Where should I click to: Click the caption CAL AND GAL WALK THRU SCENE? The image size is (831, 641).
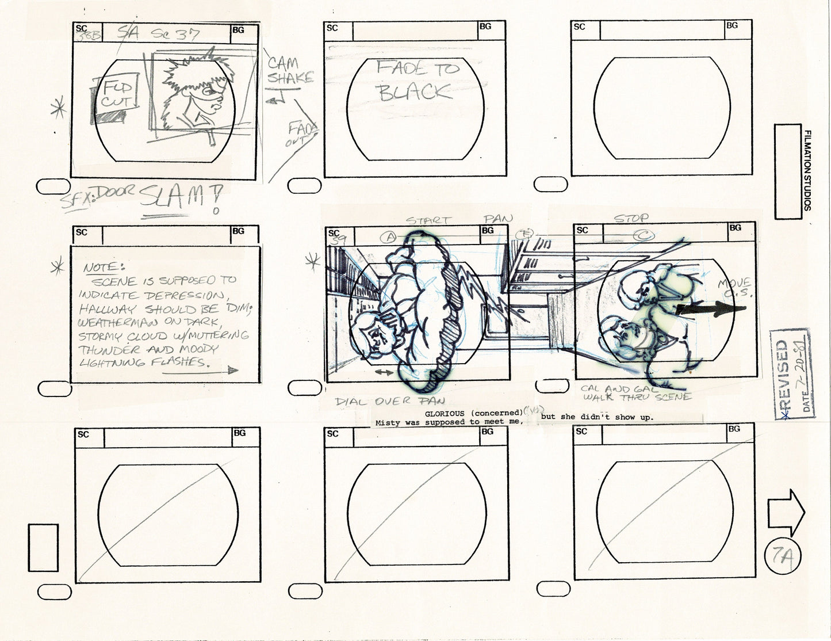coord(635,393)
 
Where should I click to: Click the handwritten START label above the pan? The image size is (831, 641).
coord(429,220)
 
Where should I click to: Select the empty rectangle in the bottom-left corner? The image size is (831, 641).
coord(43,547)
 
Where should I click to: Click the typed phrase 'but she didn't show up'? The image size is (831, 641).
coord(597,417)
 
